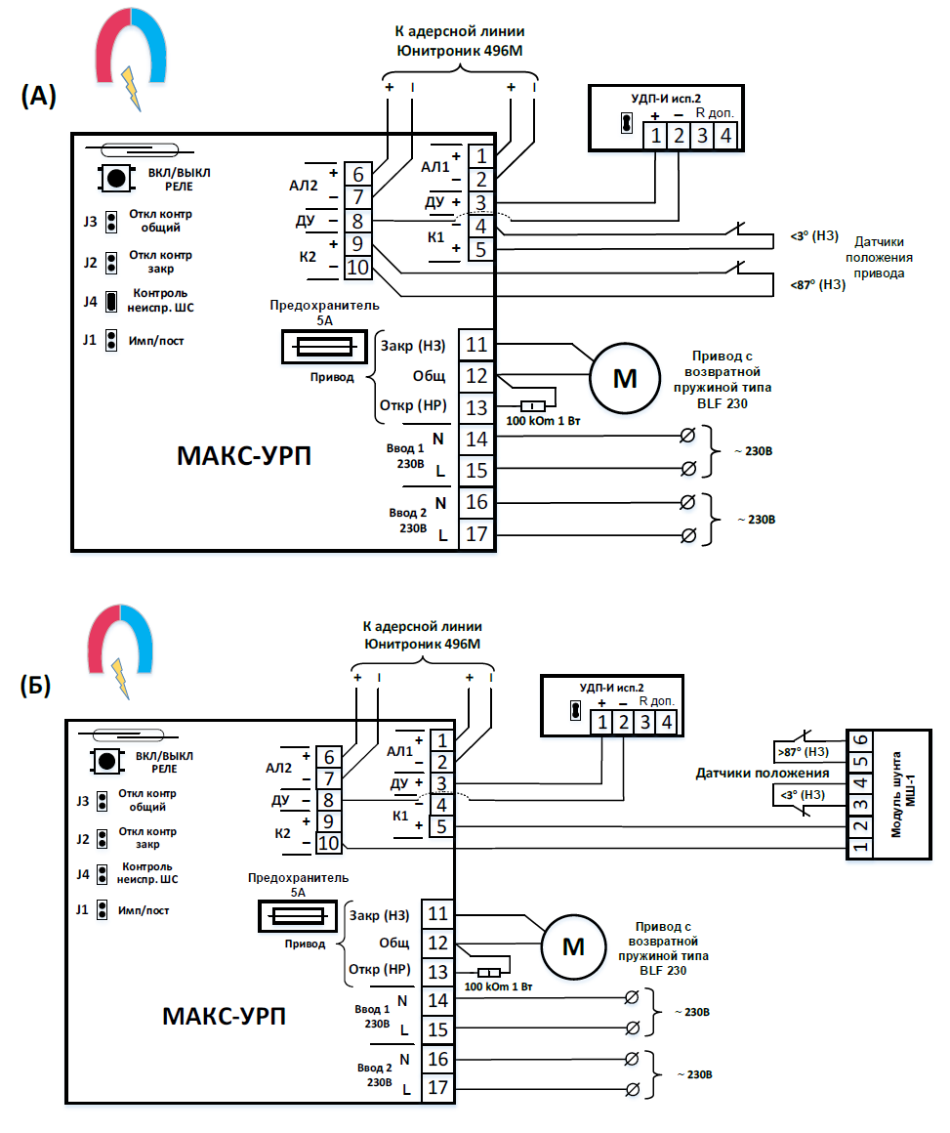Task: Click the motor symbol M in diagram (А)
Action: coord(623,378)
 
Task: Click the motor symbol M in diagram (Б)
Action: coord(574,946)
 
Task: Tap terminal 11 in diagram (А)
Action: coord(475,345)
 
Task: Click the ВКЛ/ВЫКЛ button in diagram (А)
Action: coord(116,178)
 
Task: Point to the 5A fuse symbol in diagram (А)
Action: coord(318,347)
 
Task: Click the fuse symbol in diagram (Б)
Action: coord(298,916)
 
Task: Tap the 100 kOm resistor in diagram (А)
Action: coord(533,406)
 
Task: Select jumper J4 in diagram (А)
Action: coord(111,300)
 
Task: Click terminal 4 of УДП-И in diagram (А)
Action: coord(724,135)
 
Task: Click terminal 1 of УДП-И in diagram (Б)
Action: coord(602,723)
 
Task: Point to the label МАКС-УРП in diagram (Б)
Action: coord(225,1017)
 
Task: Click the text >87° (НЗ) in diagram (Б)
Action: coord(802,753)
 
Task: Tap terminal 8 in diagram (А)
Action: coord(357,221)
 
